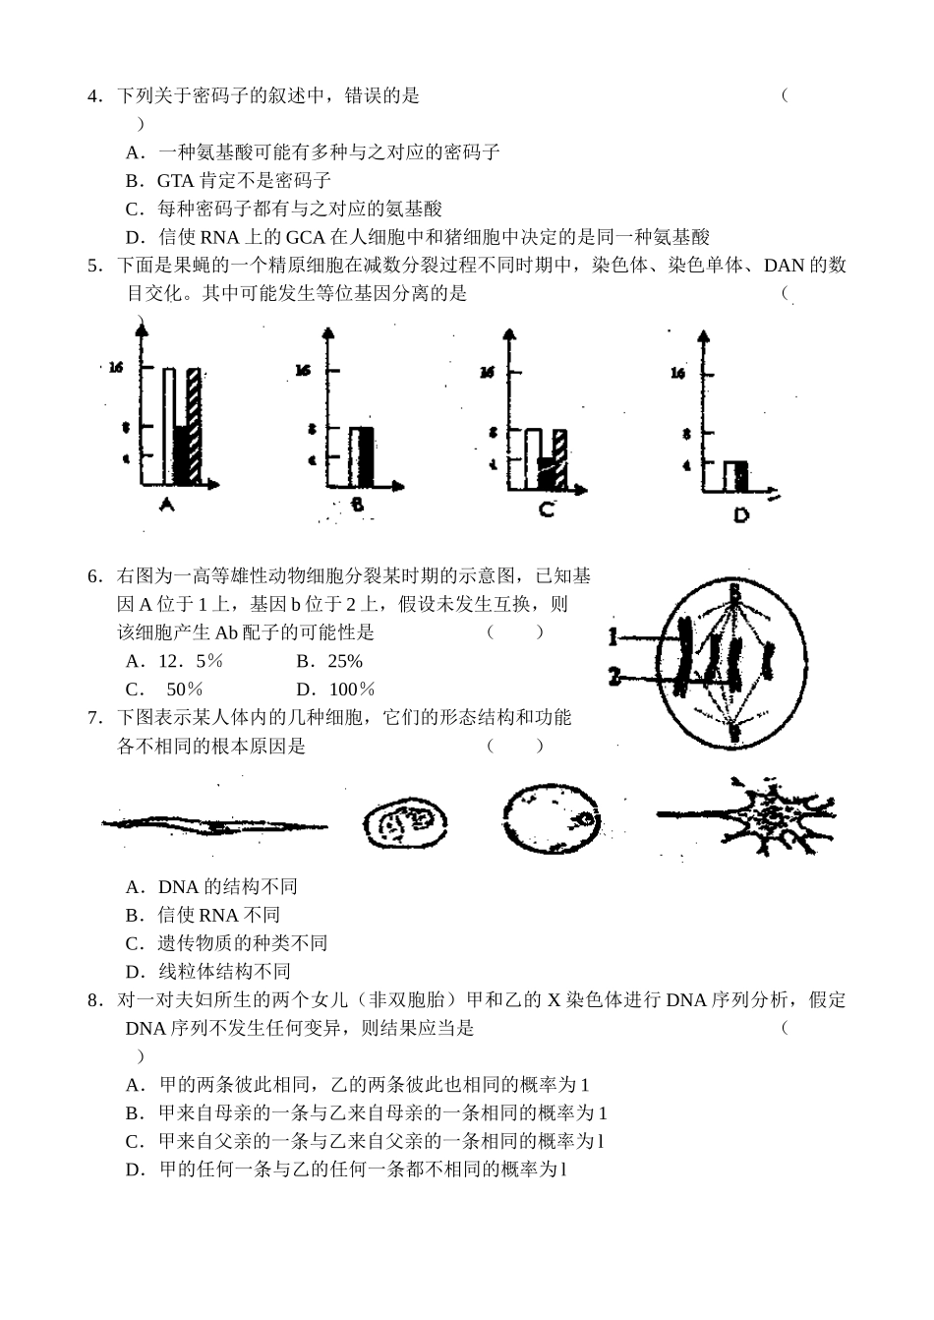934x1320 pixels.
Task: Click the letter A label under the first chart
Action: [166, 505]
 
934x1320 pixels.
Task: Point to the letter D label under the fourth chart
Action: [740, 514]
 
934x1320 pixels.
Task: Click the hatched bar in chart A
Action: [194, 425]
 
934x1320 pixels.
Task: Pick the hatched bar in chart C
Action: [559, 458]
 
